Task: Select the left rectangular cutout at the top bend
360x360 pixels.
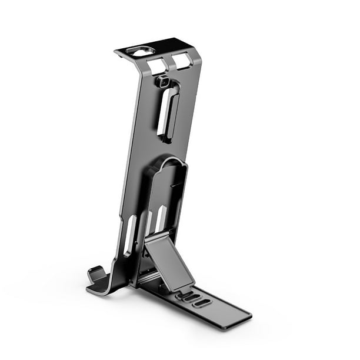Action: (x=158, y=64)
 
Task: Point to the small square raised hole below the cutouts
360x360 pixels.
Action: (x=163, y=81)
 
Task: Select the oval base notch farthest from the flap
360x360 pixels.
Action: (x=201, y=303)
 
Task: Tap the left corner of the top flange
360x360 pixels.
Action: (x=117, y=52)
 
